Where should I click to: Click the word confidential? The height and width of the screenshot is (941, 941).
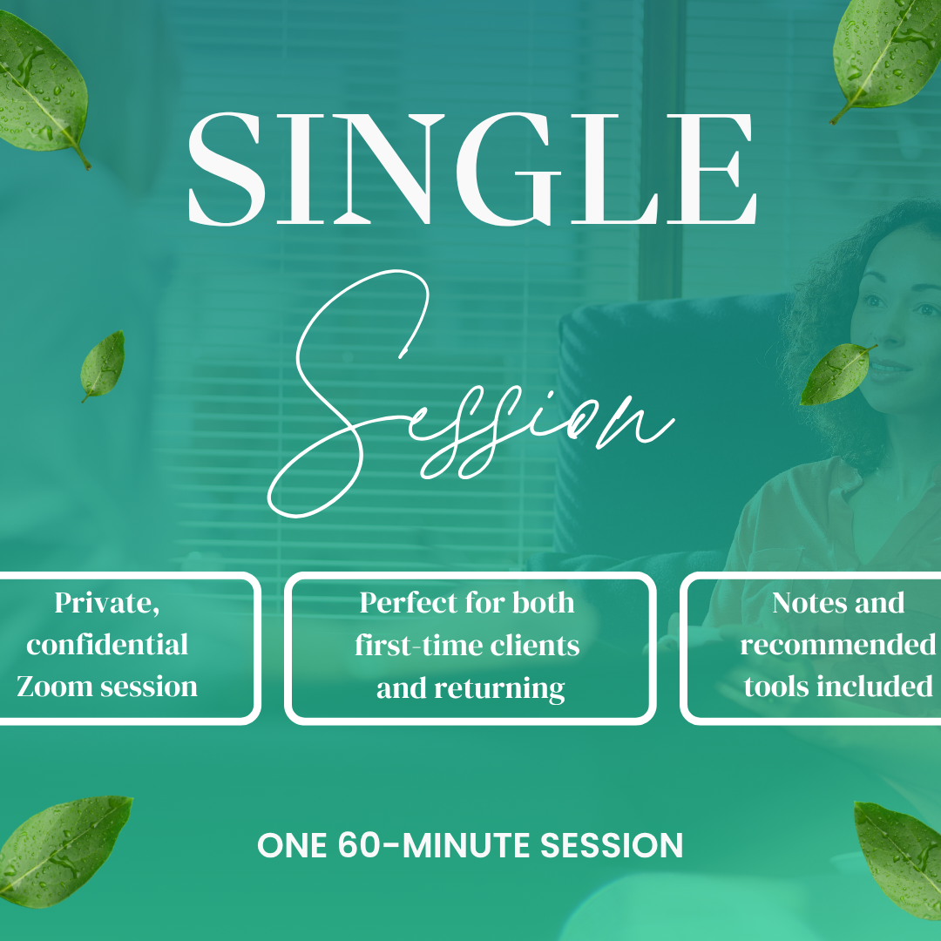(x=107, y=645)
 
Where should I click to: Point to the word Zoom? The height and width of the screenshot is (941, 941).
(x=54, y=687)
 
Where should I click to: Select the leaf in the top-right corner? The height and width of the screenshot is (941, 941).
(x=884, y=52)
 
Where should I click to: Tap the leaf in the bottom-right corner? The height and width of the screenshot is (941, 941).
(x=902, y=858)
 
